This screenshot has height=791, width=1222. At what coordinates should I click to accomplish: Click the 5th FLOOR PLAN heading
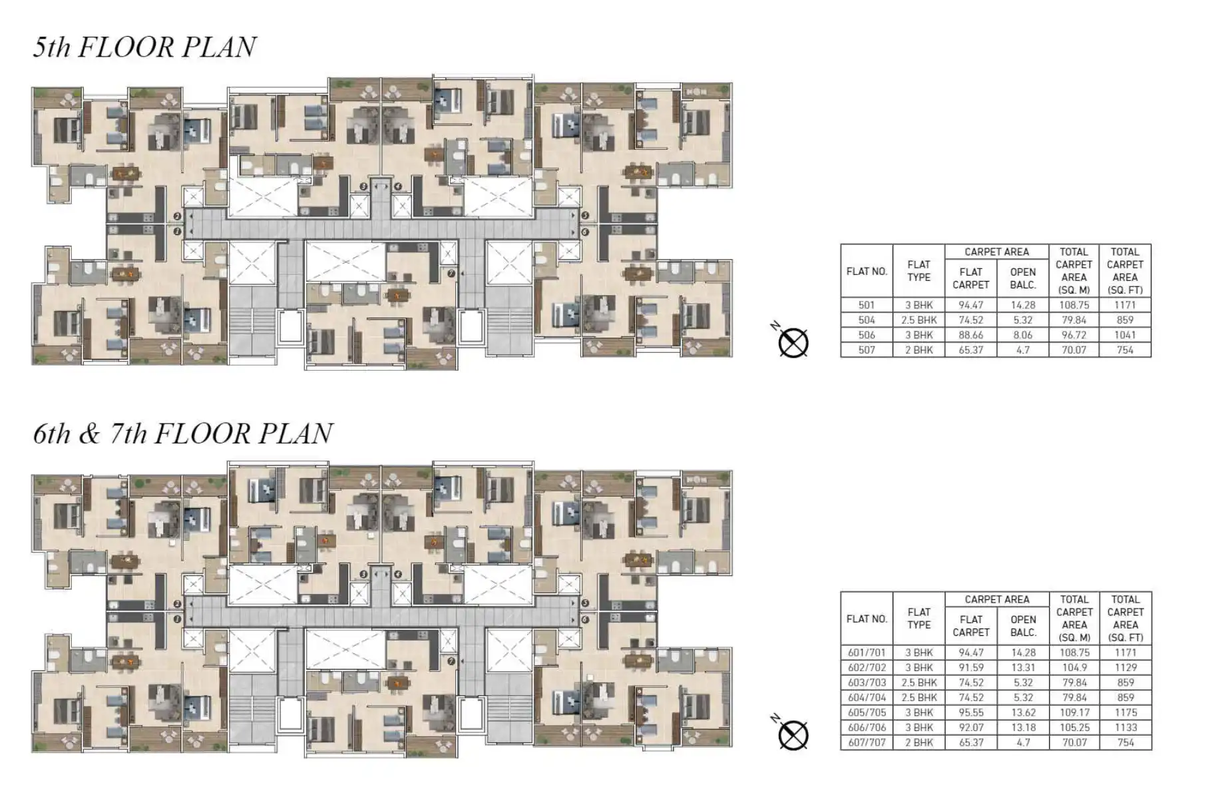coord(144,47)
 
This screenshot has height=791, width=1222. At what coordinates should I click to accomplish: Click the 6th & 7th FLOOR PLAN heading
coord(183,434)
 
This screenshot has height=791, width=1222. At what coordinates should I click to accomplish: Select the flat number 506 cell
coord(867,335)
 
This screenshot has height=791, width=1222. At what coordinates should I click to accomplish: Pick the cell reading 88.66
coord(971,335)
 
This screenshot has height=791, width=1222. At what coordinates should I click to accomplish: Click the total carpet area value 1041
coord(1125,335)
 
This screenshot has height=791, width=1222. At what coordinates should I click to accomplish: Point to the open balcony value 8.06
coord(1023,335)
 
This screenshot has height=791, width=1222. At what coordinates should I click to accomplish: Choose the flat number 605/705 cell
coord(867,712)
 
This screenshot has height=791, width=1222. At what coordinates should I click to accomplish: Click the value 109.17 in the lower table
coord(1074,712)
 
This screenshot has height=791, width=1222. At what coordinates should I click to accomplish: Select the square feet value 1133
coord(1125,728)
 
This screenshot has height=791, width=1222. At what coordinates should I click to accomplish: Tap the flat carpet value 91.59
coord(971,667)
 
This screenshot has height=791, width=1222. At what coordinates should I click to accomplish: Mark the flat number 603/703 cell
coord(867,682)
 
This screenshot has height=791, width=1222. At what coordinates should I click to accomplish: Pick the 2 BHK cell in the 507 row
coord(918,350)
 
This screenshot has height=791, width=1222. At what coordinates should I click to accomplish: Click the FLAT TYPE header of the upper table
coord(918,271)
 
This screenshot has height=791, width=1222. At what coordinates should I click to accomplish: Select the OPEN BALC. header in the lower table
coord(1023,625)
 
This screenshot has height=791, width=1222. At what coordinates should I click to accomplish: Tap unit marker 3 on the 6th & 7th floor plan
coord(363,574)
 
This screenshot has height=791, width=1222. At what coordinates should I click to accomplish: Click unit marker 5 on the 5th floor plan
coord(584,216)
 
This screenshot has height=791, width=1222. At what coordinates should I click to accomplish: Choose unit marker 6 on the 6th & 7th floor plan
coord(584,620)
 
